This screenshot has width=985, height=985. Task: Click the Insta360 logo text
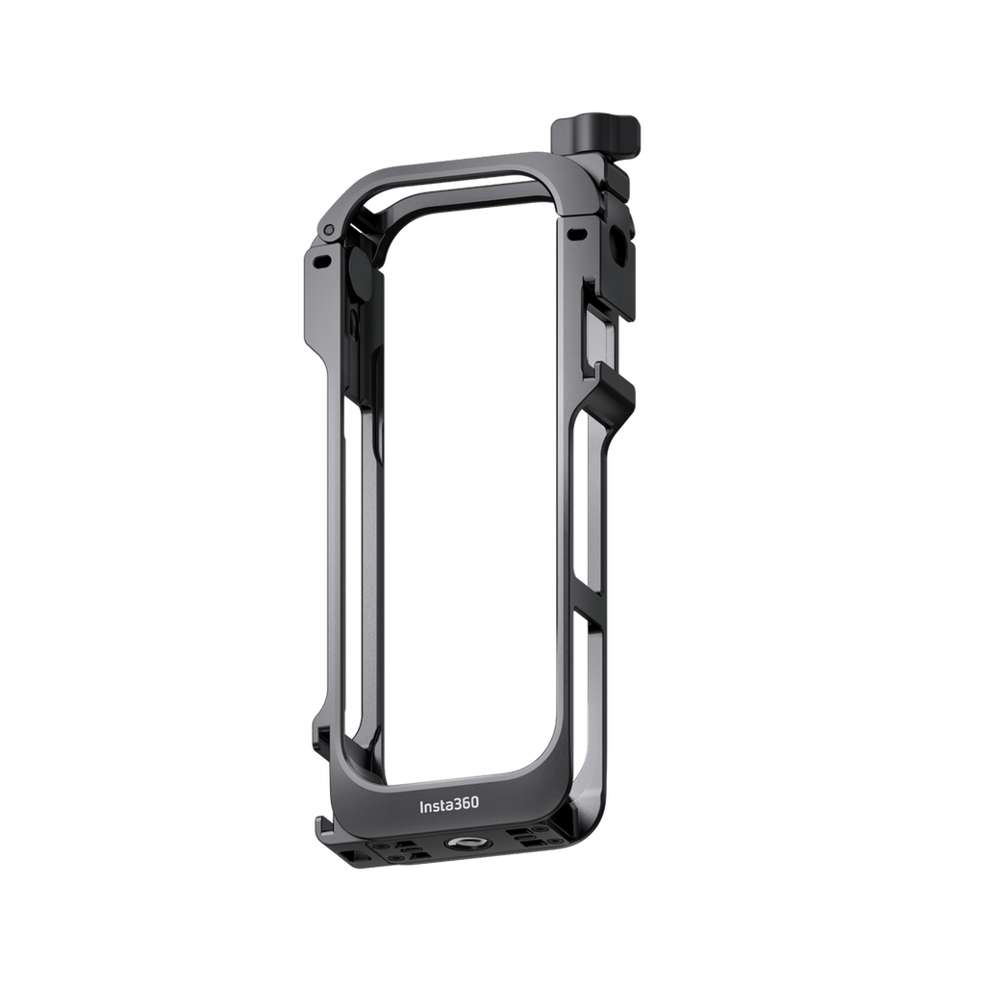point(447,805)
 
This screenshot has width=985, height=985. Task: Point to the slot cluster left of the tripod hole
point(404,850)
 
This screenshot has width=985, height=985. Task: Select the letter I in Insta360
point(421,805)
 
